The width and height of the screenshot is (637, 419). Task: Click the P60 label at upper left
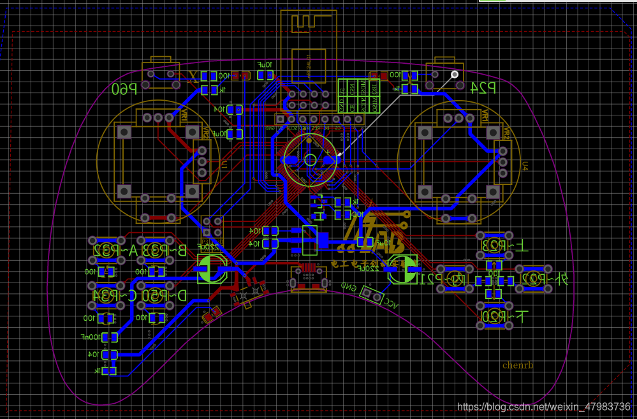point(125,90)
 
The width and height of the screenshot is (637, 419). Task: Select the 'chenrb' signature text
point(518,365)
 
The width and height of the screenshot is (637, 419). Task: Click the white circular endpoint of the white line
point(455,74)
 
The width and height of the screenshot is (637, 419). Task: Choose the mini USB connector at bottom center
point(309,279)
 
